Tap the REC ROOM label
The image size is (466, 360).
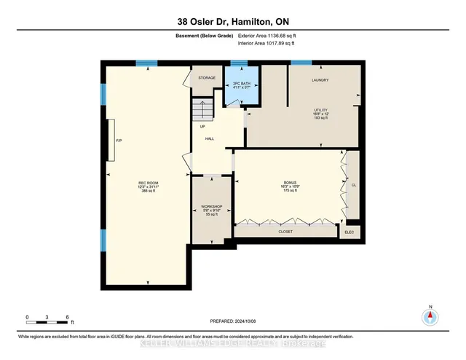148,183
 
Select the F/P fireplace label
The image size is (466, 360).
118,141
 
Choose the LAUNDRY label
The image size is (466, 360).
320,80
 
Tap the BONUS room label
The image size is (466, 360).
291,181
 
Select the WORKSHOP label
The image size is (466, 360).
211,208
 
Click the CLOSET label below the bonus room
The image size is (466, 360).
285,231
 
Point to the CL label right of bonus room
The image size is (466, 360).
354,185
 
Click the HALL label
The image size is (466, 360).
209,138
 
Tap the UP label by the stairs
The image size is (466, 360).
202,126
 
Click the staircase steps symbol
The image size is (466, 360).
200,111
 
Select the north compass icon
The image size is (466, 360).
430,317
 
